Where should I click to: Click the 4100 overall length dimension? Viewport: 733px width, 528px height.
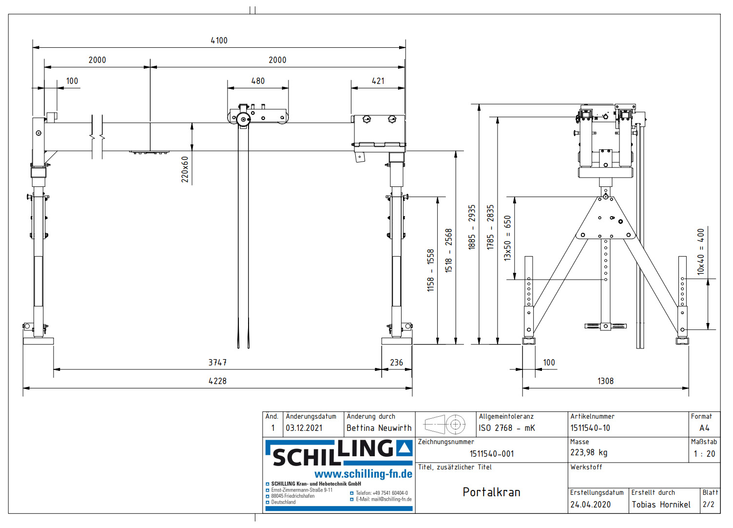click(x=219, y=41)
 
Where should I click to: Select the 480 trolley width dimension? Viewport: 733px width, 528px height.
click(x=258, y=81)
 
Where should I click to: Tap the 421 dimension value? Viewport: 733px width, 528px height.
click(x=378, y=81)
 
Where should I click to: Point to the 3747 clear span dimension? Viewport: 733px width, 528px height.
click(x=217, y=363)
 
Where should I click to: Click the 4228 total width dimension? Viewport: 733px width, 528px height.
click(x=217, y=381)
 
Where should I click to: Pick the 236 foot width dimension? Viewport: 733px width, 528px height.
click(x=396, y=363)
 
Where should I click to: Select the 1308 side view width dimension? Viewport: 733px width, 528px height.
click(x=605, y=381)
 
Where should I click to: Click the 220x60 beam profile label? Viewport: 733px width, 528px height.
click(x=185, y=169)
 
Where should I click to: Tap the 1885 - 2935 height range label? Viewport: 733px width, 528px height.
click(x=472, y=227)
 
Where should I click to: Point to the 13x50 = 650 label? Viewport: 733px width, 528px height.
click(x=508, y=238)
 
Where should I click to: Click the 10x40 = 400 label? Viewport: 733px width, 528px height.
click(x=701, y=252)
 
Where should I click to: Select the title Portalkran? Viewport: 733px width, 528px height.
click(x=491, y=492)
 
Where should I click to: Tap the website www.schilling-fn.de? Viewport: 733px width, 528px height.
click(x=363, y=474)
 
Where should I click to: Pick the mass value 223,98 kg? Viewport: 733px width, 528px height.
click(x=589, y=453)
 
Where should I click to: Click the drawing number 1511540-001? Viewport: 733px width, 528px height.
click(x=491, y=454)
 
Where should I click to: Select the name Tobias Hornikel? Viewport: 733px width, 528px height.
click(x=661, y=505)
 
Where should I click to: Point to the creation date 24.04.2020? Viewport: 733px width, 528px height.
click(x=590, y=505)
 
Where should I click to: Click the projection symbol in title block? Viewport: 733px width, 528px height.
click(x=445, y=425)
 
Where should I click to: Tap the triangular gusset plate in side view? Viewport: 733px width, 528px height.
click(x=606, y=220)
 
